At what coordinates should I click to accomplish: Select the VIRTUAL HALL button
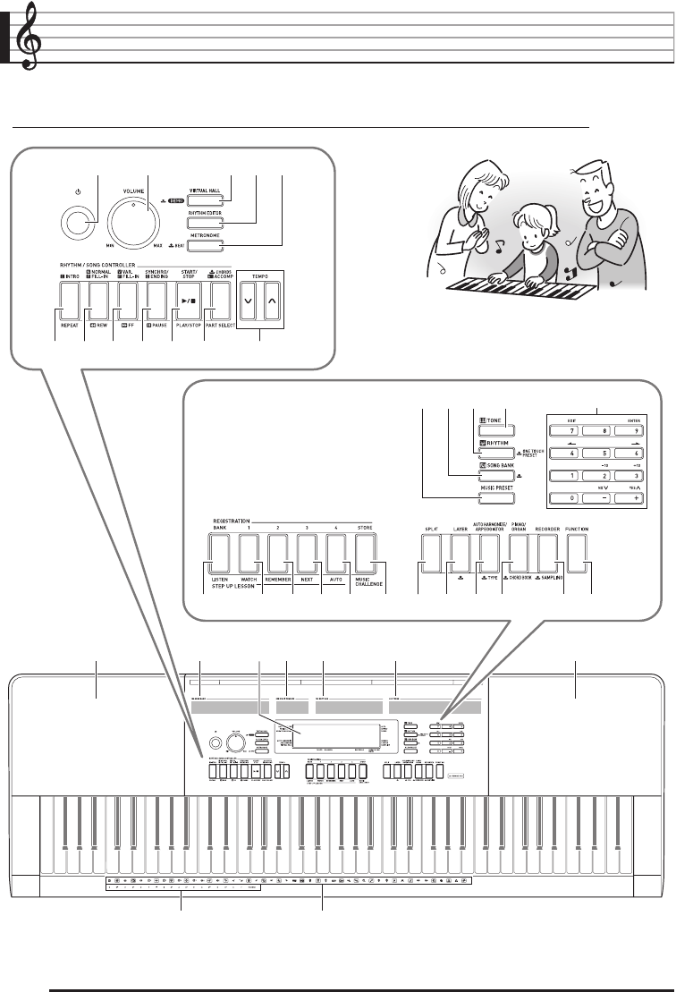tap(204, 199)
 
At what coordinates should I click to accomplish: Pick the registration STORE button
tap(364, 552)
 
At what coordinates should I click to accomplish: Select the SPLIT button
tap(433, 552)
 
